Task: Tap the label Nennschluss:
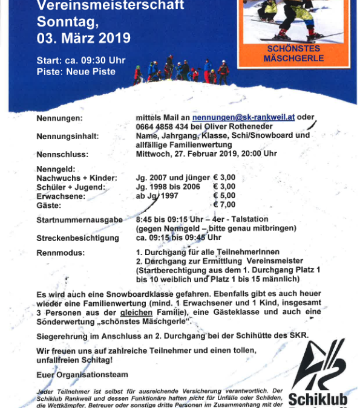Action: [62, 154]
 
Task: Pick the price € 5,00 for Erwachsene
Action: [224, 196]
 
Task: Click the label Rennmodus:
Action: [61, 252]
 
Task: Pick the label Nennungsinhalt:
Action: [67, 136]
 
